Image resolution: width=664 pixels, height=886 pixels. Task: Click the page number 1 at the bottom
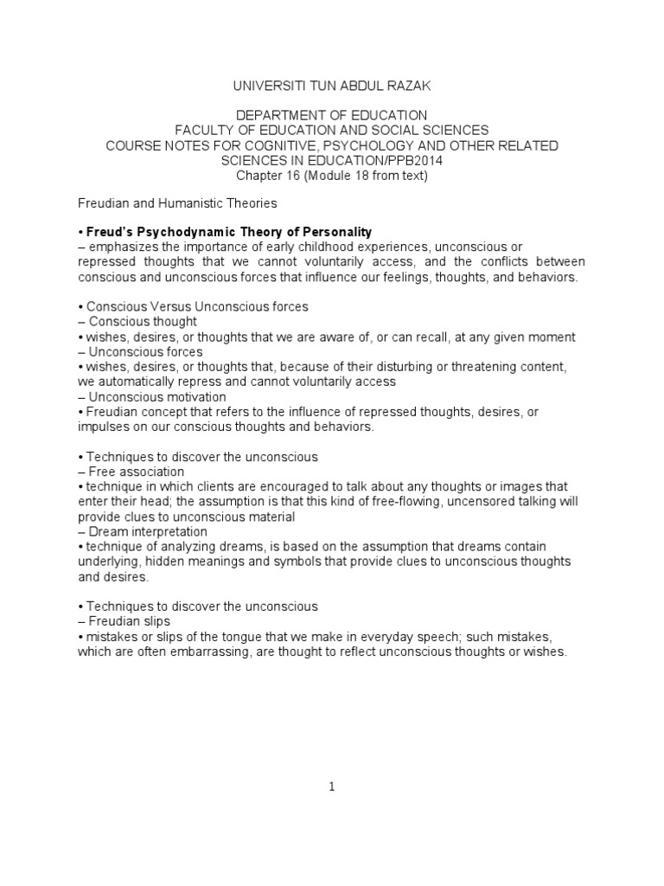pyautogui.click(x=332, y=786)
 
